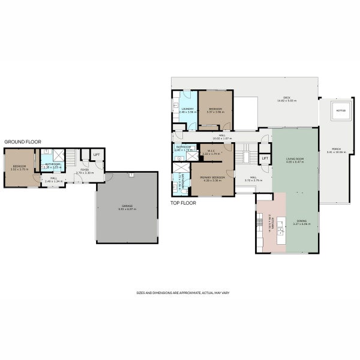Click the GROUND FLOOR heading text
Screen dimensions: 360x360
pyautogui.click(x=22, y=142)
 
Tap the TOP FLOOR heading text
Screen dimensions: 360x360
pyautogui.click(x=183, y=203)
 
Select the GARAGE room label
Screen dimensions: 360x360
pyautogui.click(x=126, y=206)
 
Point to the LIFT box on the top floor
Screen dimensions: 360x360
pyautogui.click(x=264, y=158)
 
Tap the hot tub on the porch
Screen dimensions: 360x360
pyautogui.click(x=340, y=112)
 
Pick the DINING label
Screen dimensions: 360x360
pyautogui.click(x=301, y=221)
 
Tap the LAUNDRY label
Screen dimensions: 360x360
pyautogui.click(x=188, y=109)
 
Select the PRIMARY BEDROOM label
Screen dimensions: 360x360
pyautogui.click(x=213, y=178)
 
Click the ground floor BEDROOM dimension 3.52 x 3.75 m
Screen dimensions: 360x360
pyautogui.click(x=19, y=169)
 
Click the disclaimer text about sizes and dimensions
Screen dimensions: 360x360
pyautogui.click(x=183, y=292)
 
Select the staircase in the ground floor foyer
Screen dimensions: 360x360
pyautogui.click(x=71, y=158)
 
